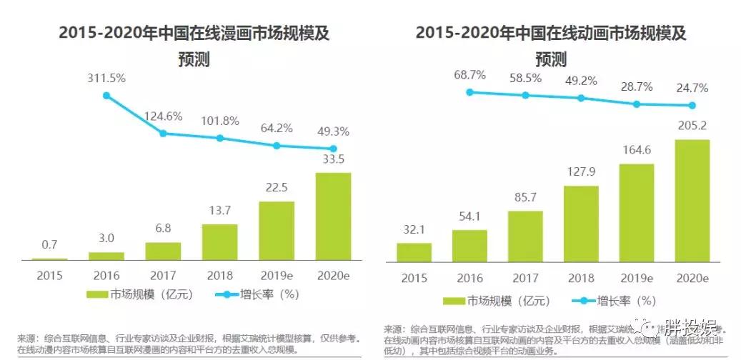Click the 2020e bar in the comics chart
[x=333, y=216]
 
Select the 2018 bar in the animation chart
[x=581, y=224]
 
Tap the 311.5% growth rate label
[x=106, y=77]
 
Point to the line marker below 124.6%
[x=163, y=133]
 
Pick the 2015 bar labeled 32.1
[x=414, y=253]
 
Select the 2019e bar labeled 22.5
[x=277, y=231]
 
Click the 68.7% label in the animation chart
[x=469, y=74]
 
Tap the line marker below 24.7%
[x=692, y=106]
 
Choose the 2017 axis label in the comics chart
[x=163, y=276]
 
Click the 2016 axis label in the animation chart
[x=469, y=278]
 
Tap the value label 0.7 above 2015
[x=49, y=244]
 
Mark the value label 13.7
[x=219, y=211]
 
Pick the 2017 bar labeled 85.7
[x=525, y=236]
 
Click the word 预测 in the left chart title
[x=193, y=60]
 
